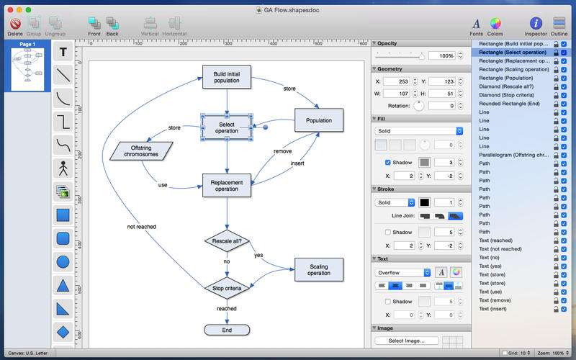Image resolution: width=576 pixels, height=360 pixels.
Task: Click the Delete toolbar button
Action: click(14, 24)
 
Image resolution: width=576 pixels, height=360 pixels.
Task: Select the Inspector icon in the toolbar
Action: click(535, 24)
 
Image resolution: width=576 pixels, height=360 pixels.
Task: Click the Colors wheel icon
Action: click(495, 24)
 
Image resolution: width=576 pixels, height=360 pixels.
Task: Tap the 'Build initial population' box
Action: click(227, 77)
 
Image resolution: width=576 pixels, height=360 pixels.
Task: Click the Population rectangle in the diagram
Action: click(319, 120)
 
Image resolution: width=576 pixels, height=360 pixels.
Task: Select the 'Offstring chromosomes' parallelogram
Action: click(142, 150)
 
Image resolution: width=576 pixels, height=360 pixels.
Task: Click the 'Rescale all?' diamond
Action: click(227, 240)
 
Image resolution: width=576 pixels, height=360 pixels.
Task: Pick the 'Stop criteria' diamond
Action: click(227, 288)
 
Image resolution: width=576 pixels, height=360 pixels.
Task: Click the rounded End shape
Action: click(227, 330)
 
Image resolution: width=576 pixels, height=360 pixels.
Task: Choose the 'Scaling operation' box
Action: click(319, 269)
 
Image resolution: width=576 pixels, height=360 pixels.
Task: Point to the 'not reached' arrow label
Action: click(141, 227)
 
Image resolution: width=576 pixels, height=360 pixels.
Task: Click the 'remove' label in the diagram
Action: click(282, 151)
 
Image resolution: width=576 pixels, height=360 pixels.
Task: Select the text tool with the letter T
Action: click(63, 52)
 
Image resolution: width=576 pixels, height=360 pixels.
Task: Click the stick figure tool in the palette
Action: click(63, 168)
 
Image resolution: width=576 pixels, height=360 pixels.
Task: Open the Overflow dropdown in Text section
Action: click(402, 273)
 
